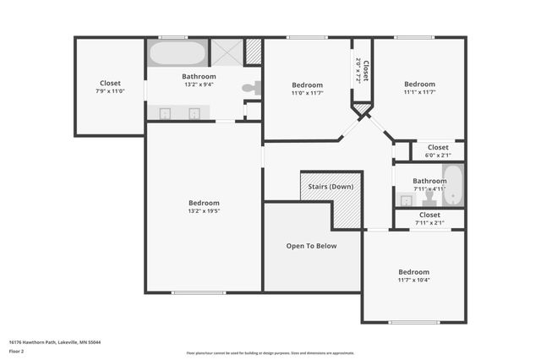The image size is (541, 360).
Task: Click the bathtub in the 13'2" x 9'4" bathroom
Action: coord(177,53)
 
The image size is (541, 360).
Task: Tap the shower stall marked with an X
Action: coord(226,52)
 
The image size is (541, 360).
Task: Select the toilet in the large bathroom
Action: coord(250,87)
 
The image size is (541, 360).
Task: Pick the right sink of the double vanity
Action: coord(194,112)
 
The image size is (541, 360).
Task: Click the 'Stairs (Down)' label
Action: coord(331,187)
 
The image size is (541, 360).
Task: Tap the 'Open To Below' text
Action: coord(311,246)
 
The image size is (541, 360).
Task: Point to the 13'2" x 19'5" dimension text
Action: coord(204,212)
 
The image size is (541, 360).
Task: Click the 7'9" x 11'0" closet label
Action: coord(110,92)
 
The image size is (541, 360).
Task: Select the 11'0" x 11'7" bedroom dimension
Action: coord(307,94)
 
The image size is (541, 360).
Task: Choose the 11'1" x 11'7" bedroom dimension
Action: coord(419,93)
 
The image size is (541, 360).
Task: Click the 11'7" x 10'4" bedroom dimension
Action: coord(414,280)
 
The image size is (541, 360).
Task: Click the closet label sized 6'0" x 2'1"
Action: coord(438,155)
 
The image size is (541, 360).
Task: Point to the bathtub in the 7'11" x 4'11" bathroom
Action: coord(453,185)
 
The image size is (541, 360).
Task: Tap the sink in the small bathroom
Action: coord(406,200)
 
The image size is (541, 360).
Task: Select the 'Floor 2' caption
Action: coord(16,351)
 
